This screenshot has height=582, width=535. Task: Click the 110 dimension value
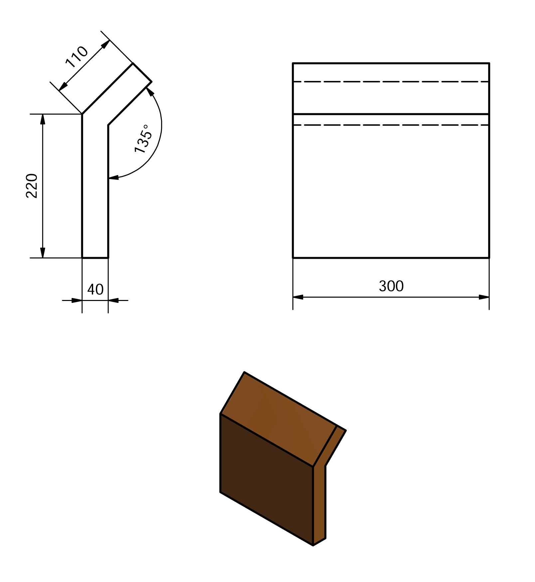pos(77,57)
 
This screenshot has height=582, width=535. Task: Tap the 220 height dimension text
pos(32,186)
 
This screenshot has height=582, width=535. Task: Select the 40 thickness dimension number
pos(95,289)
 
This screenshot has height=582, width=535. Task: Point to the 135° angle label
pos(143,139)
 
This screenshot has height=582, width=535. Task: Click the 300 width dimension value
pos(391,286)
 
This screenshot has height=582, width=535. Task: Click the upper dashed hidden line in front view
pos(391,82)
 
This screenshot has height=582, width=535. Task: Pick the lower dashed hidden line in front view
pos(391,125)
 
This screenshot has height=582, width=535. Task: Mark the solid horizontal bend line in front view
pos(391,114)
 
